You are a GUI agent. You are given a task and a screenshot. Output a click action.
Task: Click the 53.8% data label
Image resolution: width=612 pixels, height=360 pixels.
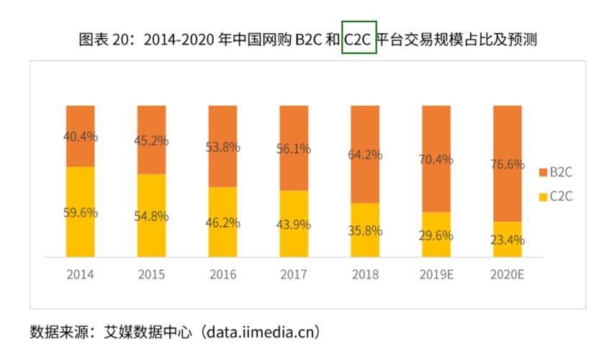point(222,148)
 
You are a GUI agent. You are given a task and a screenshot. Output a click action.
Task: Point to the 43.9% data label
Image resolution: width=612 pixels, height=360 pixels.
point(294,224)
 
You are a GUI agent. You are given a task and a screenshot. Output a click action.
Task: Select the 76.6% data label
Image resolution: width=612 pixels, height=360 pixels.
point(507,164)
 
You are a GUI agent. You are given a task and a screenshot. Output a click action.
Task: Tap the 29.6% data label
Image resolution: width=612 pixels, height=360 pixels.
point(436,235)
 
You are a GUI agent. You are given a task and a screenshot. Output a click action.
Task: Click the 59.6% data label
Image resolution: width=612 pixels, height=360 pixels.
point(80,212)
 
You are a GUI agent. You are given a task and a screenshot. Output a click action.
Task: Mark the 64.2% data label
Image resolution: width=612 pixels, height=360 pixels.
point(365,154)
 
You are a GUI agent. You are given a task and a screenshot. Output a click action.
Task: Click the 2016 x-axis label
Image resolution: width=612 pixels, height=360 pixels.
point(222,275)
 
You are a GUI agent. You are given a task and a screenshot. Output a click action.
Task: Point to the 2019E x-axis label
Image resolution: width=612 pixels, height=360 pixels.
point(436,275)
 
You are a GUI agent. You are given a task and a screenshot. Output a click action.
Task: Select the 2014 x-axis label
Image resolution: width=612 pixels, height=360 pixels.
point(80,275)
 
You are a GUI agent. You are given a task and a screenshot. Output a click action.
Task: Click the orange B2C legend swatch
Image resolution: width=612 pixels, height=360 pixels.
point(543,173)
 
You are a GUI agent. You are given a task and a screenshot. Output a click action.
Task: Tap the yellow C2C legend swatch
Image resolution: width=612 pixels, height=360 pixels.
point(543,196)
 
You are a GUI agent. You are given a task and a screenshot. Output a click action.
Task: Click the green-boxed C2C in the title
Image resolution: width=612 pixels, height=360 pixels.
point(359,40)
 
